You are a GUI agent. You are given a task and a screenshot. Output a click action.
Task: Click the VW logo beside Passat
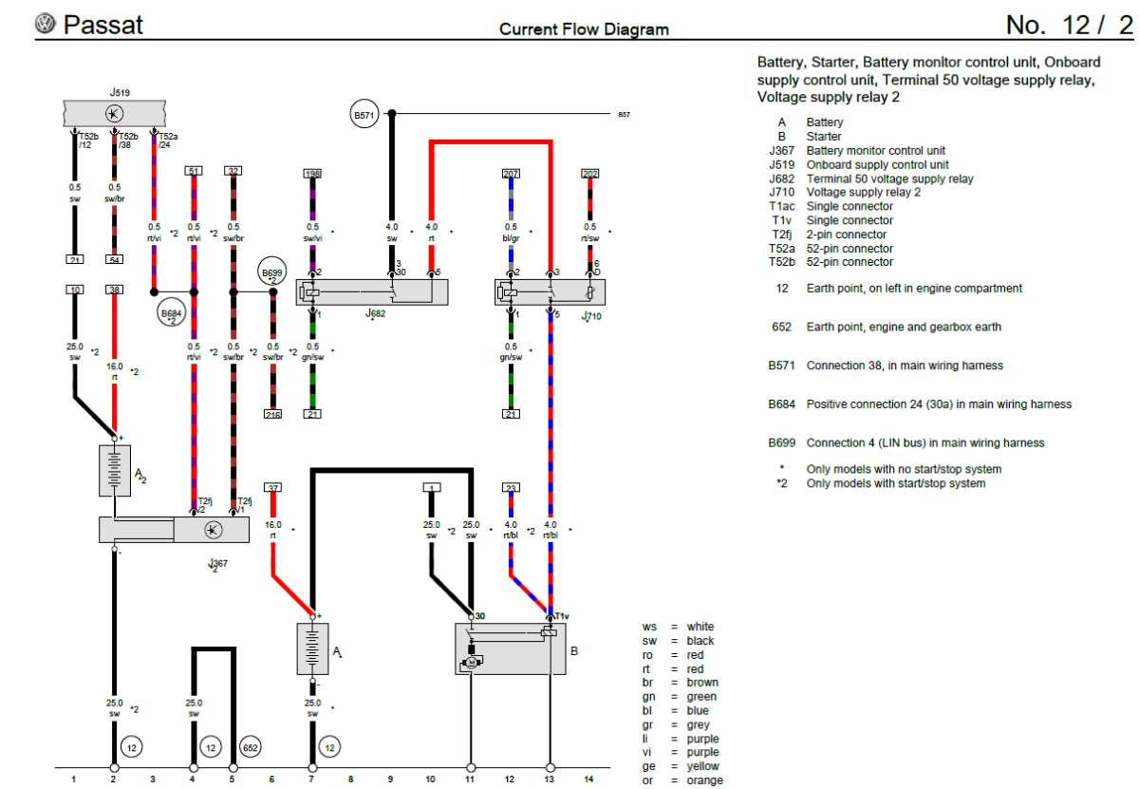click(x=46, y=24)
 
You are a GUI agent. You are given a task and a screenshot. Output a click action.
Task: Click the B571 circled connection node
click(x=364, y=115)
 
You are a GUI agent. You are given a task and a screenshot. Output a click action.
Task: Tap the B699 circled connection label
click(x=272, y=275)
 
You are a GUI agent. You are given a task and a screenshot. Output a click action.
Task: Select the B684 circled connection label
click(x=171, y=313)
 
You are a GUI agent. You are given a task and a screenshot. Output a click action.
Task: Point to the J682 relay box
click(x=372, y=291)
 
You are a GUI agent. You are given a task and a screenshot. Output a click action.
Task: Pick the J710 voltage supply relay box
click(x=550, y=291)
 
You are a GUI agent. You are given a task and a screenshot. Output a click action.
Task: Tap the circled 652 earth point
click(x=251, y=747)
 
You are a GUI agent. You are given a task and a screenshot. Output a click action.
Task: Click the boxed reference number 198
click(x=312, y=174)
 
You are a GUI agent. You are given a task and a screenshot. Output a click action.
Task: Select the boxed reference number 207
click(x=511, y=174)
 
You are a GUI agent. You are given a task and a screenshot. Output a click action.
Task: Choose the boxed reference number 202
click(x=589, y=174)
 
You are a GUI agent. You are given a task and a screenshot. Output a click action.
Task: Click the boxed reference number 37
click(x=272, y=487)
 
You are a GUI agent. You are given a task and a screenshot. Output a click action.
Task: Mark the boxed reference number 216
click(x=272, y=414)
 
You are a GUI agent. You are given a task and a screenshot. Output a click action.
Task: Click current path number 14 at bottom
click(x=588, y=780)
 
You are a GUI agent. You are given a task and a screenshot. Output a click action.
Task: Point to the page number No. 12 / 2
click(x=1069, y=26)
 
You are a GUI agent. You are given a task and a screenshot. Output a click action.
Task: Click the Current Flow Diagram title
click(x=584, y=29)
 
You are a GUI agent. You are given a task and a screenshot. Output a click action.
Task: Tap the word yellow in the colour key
click(x=703, y=766)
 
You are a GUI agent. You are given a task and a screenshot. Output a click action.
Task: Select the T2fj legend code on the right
click(x=781, y=235)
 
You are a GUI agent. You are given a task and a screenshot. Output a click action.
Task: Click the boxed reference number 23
click(x=511, y=487)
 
